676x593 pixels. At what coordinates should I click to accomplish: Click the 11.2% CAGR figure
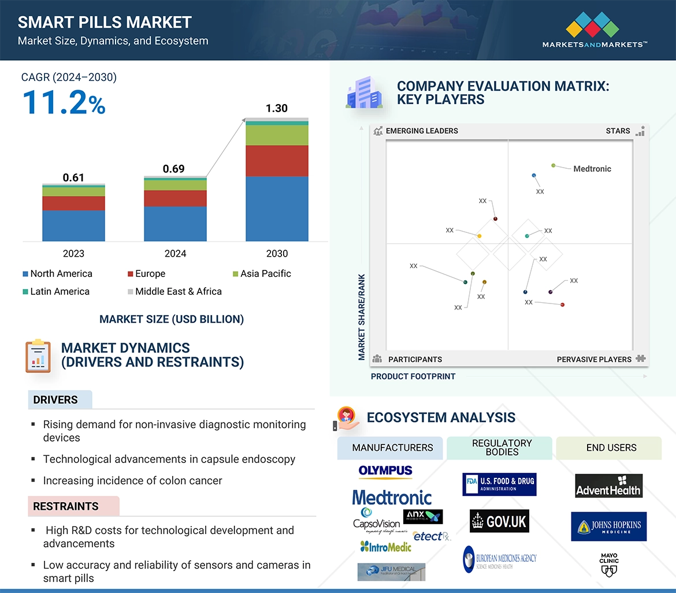[x=64, y=102]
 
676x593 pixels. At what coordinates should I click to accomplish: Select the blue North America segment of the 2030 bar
[x=277, y=209]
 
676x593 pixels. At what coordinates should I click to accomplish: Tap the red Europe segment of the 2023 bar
[x=73, y=203]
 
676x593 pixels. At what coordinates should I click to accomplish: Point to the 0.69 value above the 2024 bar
[x=173, y=169]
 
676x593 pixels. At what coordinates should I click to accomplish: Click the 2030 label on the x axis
[x=277, y=253]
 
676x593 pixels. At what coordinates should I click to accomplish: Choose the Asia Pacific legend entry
[x=265, y=273]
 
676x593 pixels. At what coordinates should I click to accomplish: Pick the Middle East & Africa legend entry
[x=178, y=291]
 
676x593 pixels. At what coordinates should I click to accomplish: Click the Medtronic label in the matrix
[x=592, y=169]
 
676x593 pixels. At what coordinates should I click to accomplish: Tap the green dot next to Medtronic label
[x=554, y=165]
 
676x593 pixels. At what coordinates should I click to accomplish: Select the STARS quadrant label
[x=618, y=131]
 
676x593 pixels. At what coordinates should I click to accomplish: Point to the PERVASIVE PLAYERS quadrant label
[x=594, y=359]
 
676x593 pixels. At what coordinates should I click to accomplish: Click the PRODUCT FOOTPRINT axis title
[x=413, y=376]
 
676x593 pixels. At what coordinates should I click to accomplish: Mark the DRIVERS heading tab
[x=56, y=400]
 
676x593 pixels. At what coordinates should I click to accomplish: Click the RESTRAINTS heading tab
[x=66, y=506]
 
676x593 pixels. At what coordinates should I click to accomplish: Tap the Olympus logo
[x=385, y=472]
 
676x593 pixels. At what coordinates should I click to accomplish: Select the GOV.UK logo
[x=499, y=521]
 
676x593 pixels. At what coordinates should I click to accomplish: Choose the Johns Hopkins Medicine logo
[x=608, y=527]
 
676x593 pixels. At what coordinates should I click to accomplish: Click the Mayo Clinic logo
[x=609, y=565]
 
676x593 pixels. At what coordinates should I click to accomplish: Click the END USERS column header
[x=611, y=447]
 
